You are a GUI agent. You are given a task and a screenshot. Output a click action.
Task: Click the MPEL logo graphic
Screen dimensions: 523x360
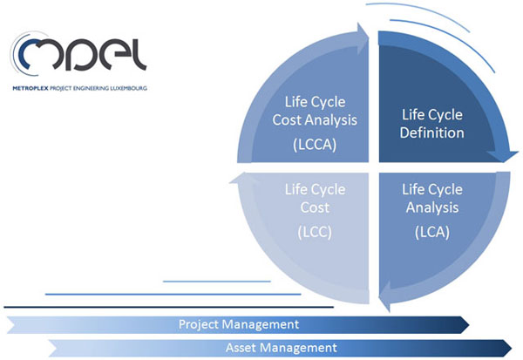pyautogui.click(x=78, y=53)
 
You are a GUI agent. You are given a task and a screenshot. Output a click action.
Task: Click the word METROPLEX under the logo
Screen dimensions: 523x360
pyautogui.click(x=31, y=88)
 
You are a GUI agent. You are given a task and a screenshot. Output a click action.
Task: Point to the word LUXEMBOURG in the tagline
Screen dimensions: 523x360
pyautogui.click(x=128, y=88)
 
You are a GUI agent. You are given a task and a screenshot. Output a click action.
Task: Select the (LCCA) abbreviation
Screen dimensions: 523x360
pyautogui.click(x=315, y=145)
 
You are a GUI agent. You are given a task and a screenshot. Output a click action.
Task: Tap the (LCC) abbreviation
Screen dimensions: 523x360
pyautogui.click(x=315, y=232)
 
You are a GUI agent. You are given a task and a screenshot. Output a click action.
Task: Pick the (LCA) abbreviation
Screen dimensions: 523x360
pyautogui.click(x=432, y=232)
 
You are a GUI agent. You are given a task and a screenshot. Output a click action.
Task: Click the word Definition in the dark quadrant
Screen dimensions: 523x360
pyautogui.click(x=432, y=132)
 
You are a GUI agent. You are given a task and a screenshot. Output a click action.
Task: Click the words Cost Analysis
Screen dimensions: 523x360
pyautogui.click(x=315, y=119)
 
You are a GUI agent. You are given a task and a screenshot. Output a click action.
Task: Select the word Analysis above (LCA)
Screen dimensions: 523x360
pyautogui.click(x=432, y=207)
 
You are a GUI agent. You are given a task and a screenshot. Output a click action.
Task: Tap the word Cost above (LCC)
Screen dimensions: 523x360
pyautogui.click(x=315, y=207)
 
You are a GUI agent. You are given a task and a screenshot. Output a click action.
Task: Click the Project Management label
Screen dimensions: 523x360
pyautogui.click(x=239, y=324)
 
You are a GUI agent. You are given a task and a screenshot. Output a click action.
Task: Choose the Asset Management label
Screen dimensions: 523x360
pyautogui.click(x=282, y=348)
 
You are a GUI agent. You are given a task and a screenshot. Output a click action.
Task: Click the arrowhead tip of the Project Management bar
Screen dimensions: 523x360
pyautogui.click(x=469, y=324)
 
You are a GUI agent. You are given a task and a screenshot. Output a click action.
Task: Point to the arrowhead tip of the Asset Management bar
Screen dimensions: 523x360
pyautogui.click(x=512, y=348)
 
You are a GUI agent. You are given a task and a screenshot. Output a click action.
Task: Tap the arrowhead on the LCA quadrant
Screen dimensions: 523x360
pyautogui.click(x=385, y=296)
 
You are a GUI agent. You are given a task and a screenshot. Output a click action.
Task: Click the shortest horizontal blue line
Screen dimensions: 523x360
pyautogui.click(x=217, y=282)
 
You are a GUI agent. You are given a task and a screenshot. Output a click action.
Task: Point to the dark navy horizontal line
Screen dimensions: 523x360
pyautogui.click(x=168, y=307)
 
